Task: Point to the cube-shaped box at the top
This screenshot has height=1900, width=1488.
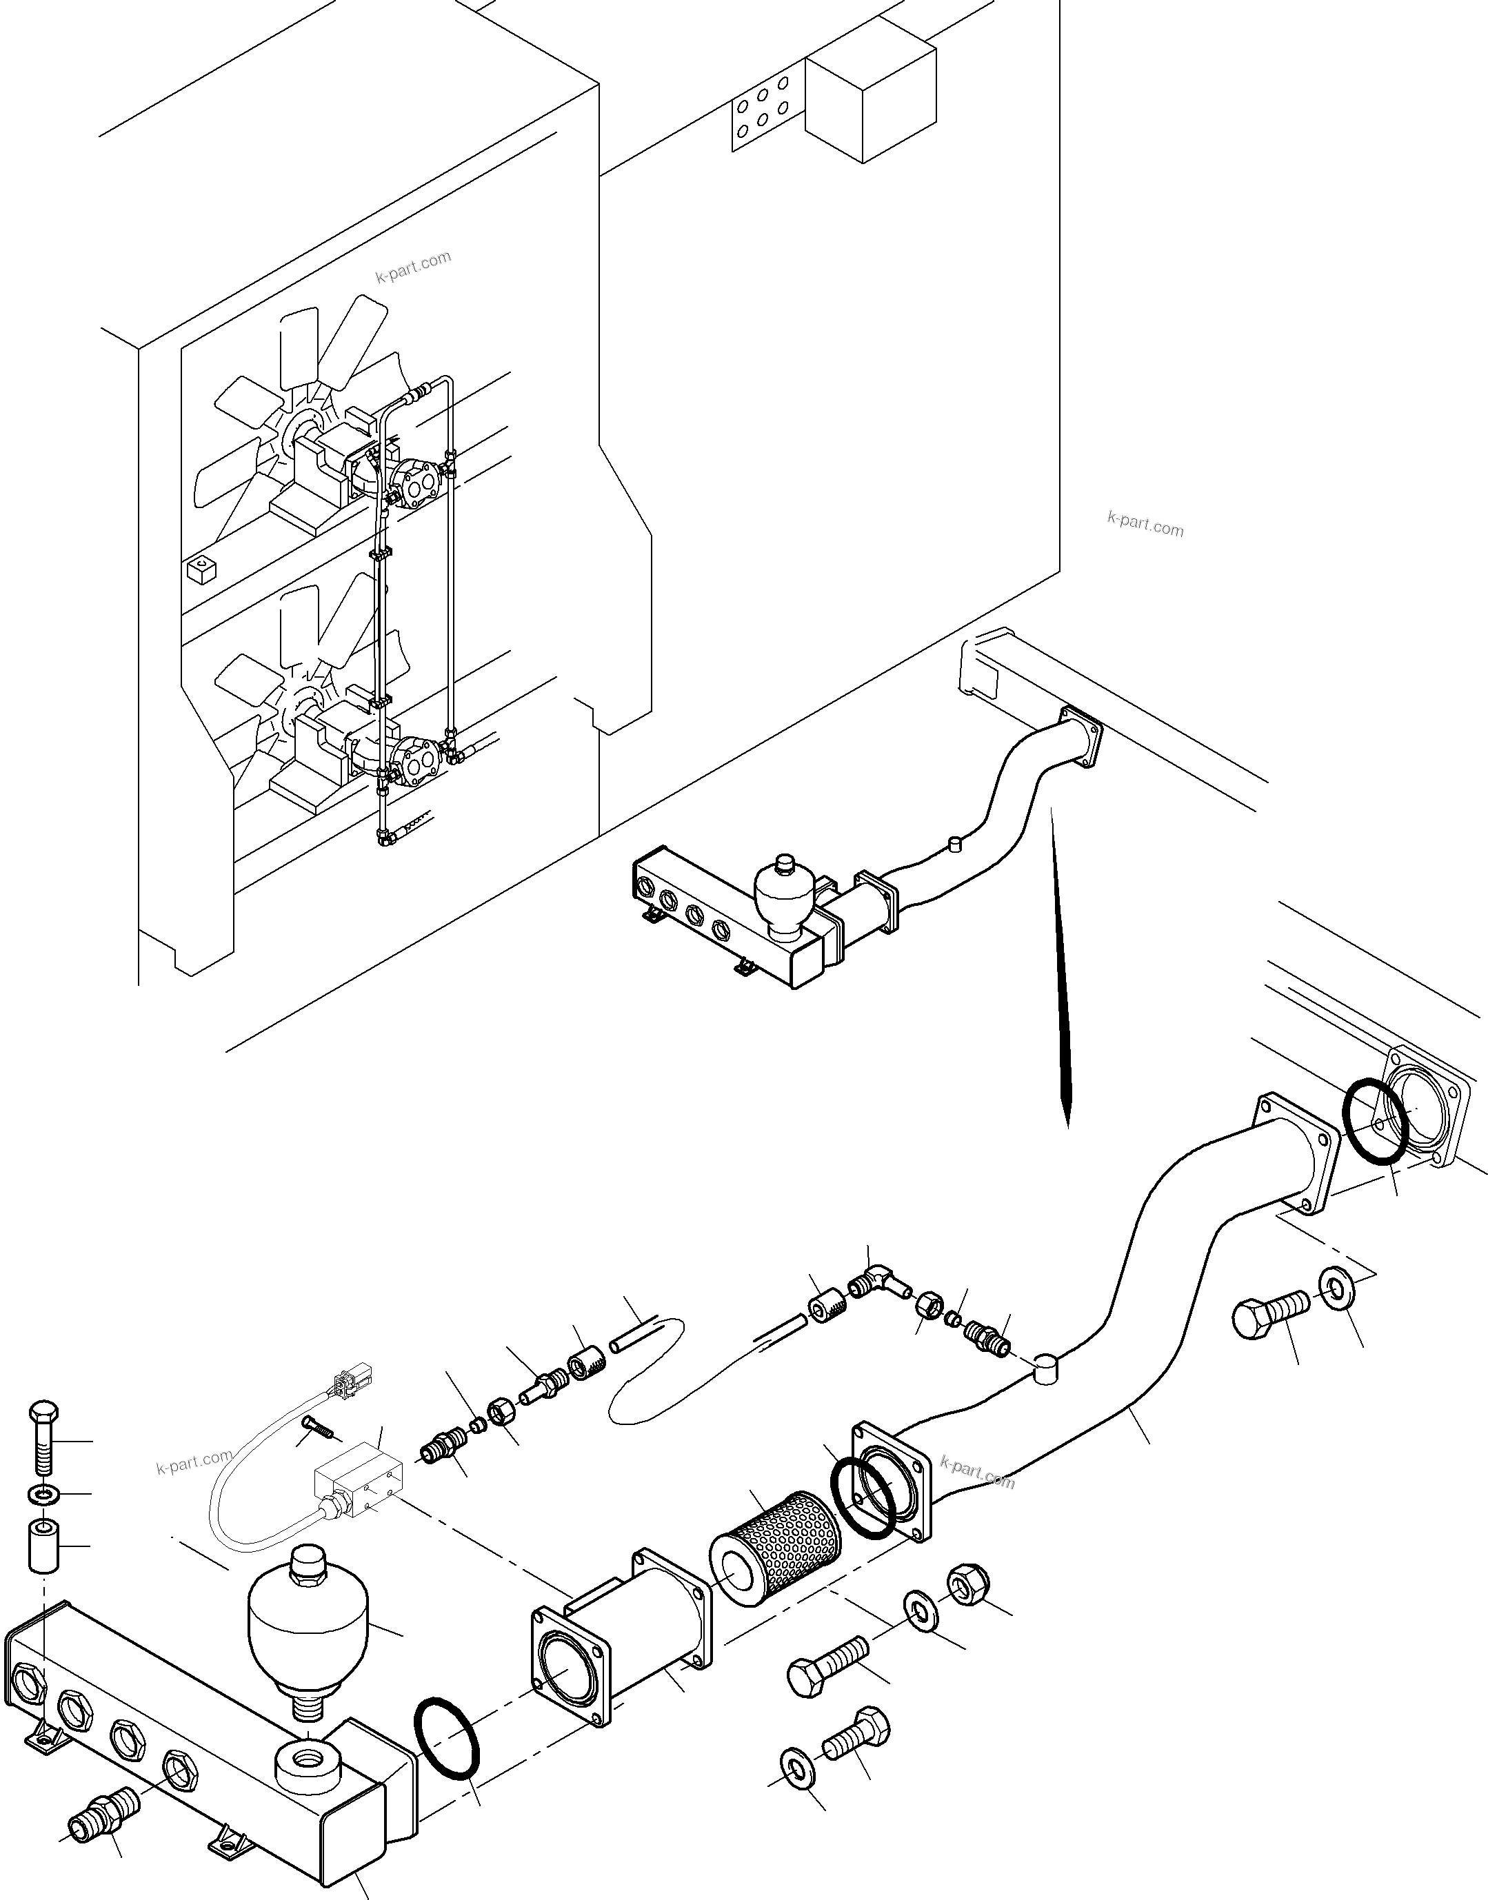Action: pyautogui.click(x=869, y=98)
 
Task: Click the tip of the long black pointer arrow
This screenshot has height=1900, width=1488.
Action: pyautogui.click(x=1068, y=1124)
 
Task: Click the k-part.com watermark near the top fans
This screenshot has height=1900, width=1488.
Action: pyautogui.click(x=414, y=267)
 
